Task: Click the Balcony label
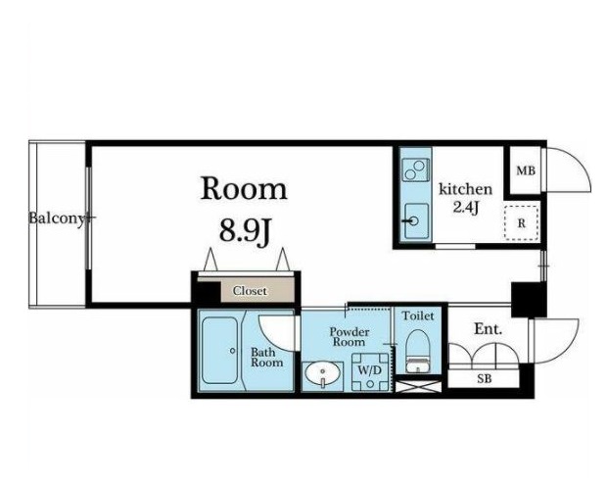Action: click(x=57, y=219)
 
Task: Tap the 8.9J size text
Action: click(x=245, y=232)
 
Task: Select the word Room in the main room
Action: click(x=244, y=189)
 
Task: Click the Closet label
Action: click(x=250, y=291)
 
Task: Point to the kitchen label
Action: click(x=465, y=189)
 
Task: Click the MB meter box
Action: click(x=526, y=170)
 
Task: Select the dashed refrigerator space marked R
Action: click(x=522, y=223)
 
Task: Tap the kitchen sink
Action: click(x=416, y=221)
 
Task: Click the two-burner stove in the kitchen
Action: click(x=415, y=170)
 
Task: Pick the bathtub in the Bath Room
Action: click(x=220, y=351)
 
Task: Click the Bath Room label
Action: click(x=266, y=358)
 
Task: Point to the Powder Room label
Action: click(x=349, y=337)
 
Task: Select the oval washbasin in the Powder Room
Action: click(x=322, y=374)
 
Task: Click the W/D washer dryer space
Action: click(x=370, y=371)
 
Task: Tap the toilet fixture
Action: click(x=417, y=352)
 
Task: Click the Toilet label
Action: click(x=418, y=316)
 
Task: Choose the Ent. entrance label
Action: click(x=489, y=329)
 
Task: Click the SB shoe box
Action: click(x=484, y=378)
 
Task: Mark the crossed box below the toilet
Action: click(x=418, y=387)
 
